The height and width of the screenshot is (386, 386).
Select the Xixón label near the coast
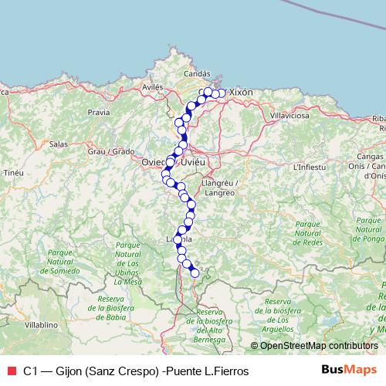[242, 92]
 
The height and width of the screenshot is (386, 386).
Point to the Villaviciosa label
[289, 115]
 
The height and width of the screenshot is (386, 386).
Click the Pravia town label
[99, 112]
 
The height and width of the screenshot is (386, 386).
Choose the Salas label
[59, 144]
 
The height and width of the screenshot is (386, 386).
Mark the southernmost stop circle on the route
[195, 273]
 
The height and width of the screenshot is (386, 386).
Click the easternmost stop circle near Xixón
[222, 93]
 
